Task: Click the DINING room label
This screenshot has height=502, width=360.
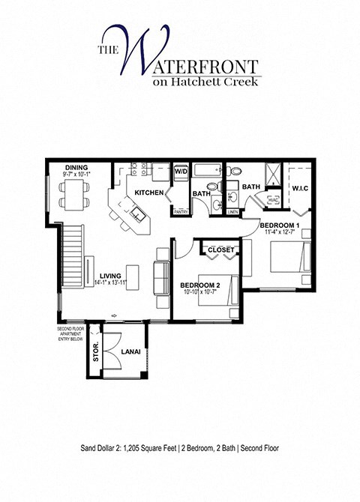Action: point(76,168)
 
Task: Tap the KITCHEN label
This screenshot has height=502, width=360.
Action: point(149,193)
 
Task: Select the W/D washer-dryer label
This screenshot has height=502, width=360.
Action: point(181,171)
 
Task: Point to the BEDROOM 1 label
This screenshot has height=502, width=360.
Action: point(280,226)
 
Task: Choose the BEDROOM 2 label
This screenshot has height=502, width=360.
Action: point(199,285)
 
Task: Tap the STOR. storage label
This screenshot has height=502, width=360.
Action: point(95,351)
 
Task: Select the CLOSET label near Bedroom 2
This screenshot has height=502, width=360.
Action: point(220,249)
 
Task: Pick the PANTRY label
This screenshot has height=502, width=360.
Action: point(180,212)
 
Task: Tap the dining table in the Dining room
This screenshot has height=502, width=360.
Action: point(75,191)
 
